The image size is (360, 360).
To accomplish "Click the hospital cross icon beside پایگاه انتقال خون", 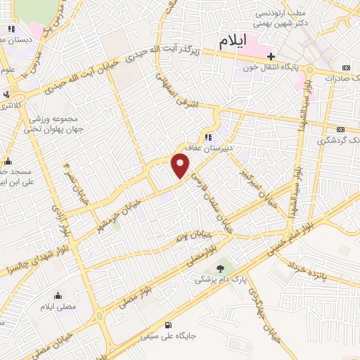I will click(270, 56).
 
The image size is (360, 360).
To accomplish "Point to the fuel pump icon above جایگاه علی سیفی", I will click(167, 325).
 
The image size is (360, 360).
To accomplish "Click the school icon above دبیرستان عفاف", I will click(208, 137).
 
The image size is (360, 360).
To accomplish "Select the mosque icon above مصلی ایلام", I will click(58, 295).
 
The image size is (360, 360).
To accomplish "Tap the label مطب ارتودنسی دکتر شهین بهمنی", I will click(282, 18).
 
